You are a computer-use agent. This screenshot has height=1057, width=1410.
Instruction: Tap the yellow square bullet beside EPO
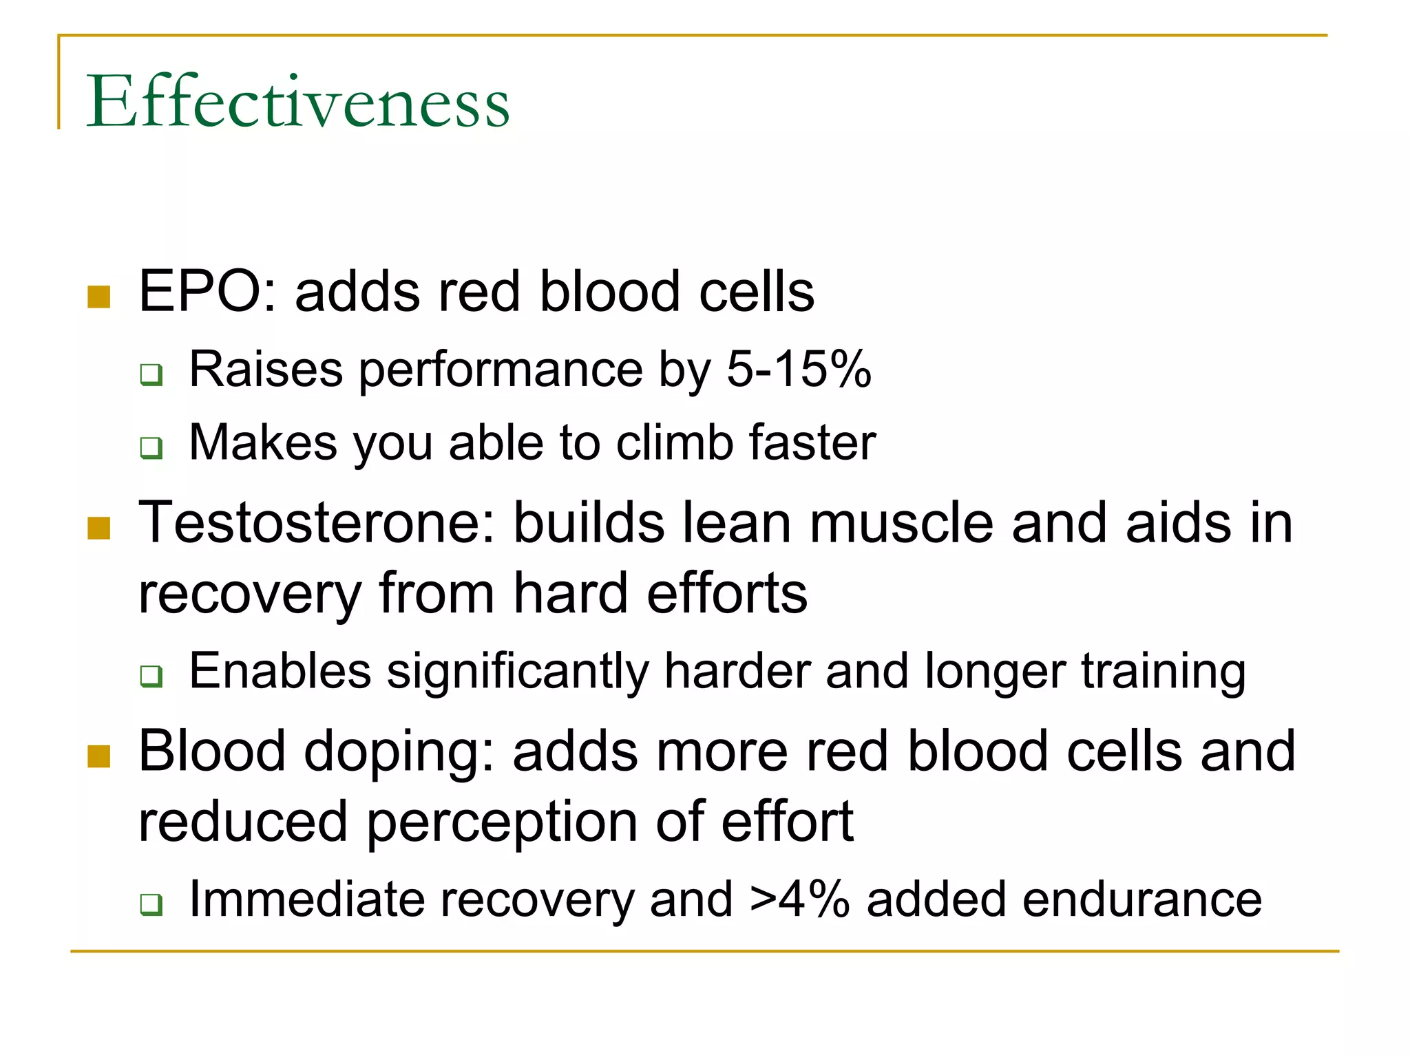(99, 297)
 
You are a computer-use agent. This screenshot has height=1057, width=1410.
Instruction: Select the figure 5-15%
(799, 370)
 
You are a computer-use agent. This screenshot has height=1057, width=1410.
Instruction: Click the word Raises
(266, 370)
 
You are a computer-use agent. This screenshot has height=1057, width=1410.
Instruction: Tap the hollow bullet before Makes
(151, 448)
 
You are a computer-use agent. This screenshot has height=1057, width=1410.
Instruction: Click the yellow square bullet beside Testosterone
(99, 528)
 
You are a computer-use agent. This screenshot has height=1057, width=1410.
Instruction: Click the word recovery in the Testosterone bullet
(250, 595)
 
